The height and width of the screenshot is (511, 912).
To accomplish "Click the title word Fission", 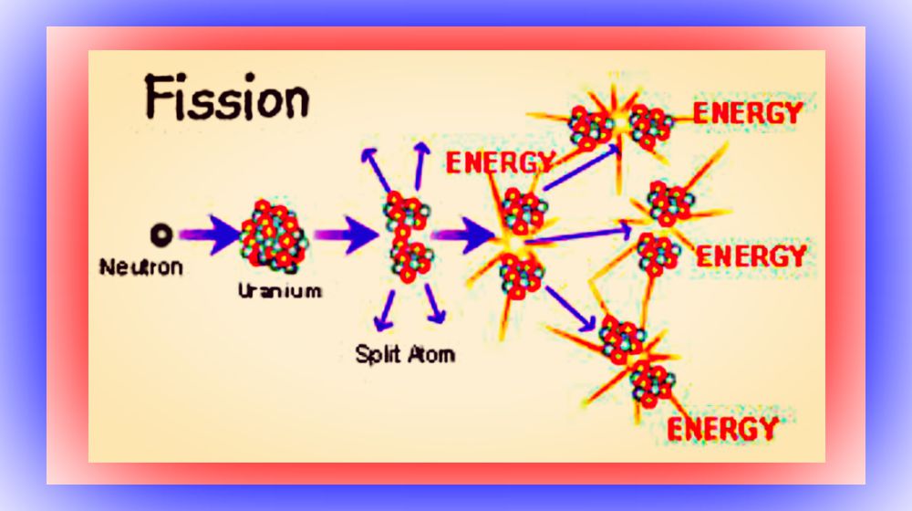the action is point(227,98).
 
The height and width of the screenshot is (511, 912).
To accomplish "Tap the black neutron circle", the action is point(161,235).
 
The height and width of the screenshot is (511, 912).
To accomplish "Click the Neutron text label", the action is point(141,267).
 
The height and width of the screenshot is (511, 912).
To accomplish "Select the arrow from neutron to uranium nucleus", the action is point(210,235).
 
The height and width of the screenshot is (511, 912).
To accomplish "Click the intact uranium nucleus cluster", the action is point(274,235).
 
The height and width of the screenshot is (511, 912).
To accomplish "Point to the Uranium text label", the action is point(280,290).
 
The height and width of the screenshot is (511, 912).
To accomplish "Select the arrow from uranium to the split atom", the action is point(347,235).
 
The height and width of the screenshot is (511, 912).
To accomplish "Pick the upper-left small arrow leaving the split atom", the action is point(377,170).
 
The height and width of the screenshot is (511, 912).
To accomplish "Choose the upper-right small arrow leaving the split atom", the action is point(421,165).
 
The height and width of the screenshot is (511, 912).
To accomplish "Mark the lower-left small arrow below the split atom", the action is point(385,310).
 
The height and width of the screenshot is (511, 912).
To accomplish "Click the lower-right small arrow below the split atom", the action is point(435,303).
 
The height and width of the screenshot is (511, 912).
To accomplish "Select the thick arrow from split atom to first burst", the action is point(463,235).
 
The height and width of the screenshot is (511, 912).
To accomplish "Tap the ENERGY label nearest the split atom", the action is point(500,162).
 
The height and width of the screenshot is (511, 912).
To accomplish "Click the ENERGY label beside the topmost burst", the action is point(748,113).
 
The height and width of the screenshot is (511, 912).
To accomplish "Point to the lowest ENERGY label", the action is point(723,429).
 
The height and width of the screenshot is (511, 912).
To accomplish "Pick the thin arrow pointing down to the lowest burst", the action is point(571,308).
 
